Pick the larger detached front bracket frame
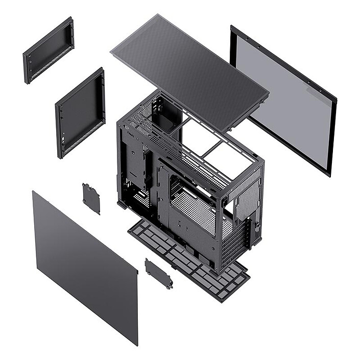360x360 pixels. [x=80, y=112]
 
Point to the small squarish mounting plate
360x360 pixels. [x=91, y=198]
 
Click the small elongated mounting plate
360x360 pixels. [x=158, y=274]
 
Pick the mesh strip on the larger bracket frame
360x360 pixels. [x=82, y=143]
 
